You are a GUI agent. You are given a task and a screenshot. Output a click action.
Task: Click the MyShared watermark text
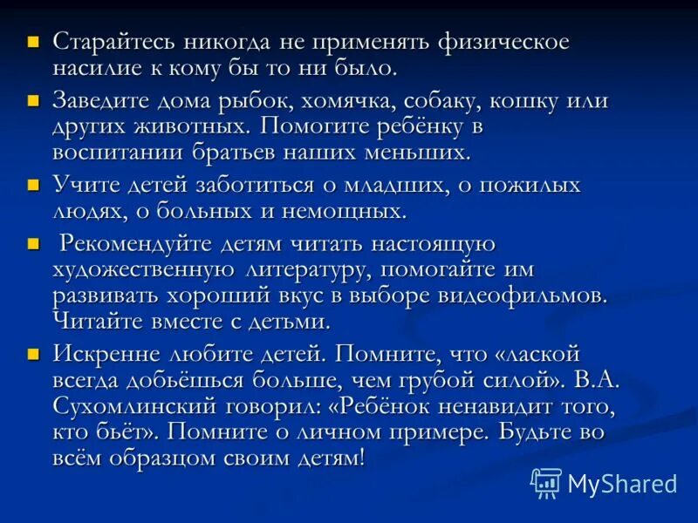tap(622, 484)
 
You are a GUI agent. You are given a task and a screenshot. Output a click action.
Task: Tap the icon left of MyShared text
tap(546, 483)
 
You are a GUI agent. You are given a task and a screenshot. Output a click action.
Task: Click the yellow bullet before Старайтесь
tap(34, 41)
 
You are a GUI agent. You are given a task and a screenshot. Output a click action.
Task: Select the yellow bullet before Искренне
tap(34, 354)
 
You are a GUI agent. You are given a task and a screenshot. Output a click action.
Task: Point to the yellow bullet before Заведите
tap(34, 99)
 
